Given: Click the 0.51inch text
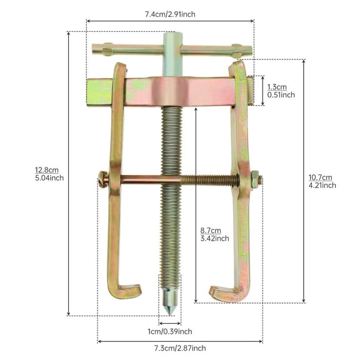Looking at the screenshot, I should (x=281, y=95).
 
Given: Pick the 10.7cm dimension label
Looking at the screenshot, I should (x=321, y=177).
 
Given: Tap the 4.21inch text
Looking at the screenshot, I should (x=322, y=185).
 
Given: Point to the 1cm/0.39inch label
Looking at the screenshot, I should (x=169, y=331).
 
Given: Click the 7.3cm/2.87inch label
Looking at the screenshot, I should (x=180, y=348).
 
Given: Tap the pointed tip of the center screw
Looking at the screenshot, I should (x=170, y=311).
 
